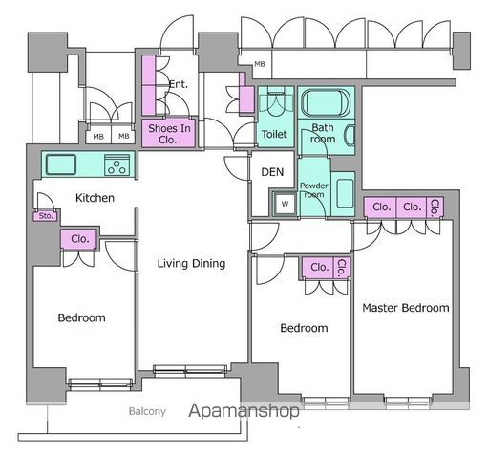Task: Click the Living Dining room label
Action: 191,264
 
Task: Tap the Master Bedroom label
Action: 406,308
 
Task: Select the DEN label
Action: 272,172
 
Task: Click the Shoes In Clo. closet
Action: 168,133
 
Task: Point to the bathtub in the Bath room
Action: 326,102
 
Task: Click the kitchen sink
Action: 61,164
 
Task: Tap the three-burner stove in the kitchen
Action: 117,165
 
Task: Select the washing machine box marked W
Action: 285,204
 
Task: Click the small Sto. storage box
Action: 46,216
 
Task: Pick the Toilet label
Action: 274,134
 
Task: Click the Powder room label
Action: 314,190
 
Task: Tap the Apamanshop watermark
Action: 244,410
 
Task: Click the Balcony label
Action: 147,411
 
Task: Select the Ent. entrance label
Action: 179,84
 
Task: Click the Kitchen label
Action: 95,198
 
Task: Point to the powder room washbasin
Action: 345,193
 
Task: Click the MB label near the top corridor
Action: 260,64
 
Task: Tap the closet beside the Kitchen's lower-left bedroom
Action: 78,239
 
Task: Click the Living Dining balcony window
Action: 190,370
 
